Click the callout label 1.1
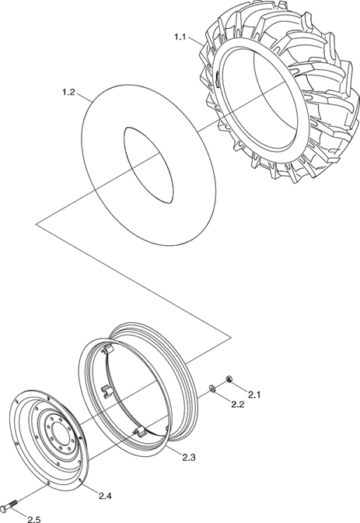pyautogui.click(x=180, y=37)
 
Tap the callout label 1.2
pyautogui.click(x=68, y=93)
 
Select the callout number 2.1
pyautogui.click(x=253, y=395)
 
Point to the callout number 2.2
pyautogui.click(x=238, y=404)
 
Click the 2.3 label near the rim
pyautogui.click(x=189, y=458)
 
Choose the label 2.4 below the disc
pyautogui.click(x=105, y=496)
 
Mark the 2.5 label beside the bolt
pyautogui.click(x=34, y=519)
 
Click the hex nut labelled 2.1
pyautogui.click(x=229, y=379)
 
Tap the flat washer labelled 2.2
pyautogui.click(x=212, y=388)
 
